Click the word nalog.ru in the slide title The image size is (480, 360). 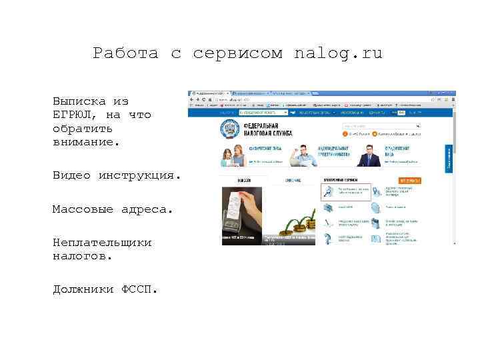[x=338, y=53]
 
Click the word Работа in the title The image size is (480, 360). [x=125, y=53]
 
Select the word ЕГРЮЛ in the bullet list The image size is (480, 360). [x=75, y=115]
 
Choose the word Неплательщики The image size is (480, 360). [x=102, y=243]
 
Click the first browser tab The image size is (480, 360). [x=208, y=94]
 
